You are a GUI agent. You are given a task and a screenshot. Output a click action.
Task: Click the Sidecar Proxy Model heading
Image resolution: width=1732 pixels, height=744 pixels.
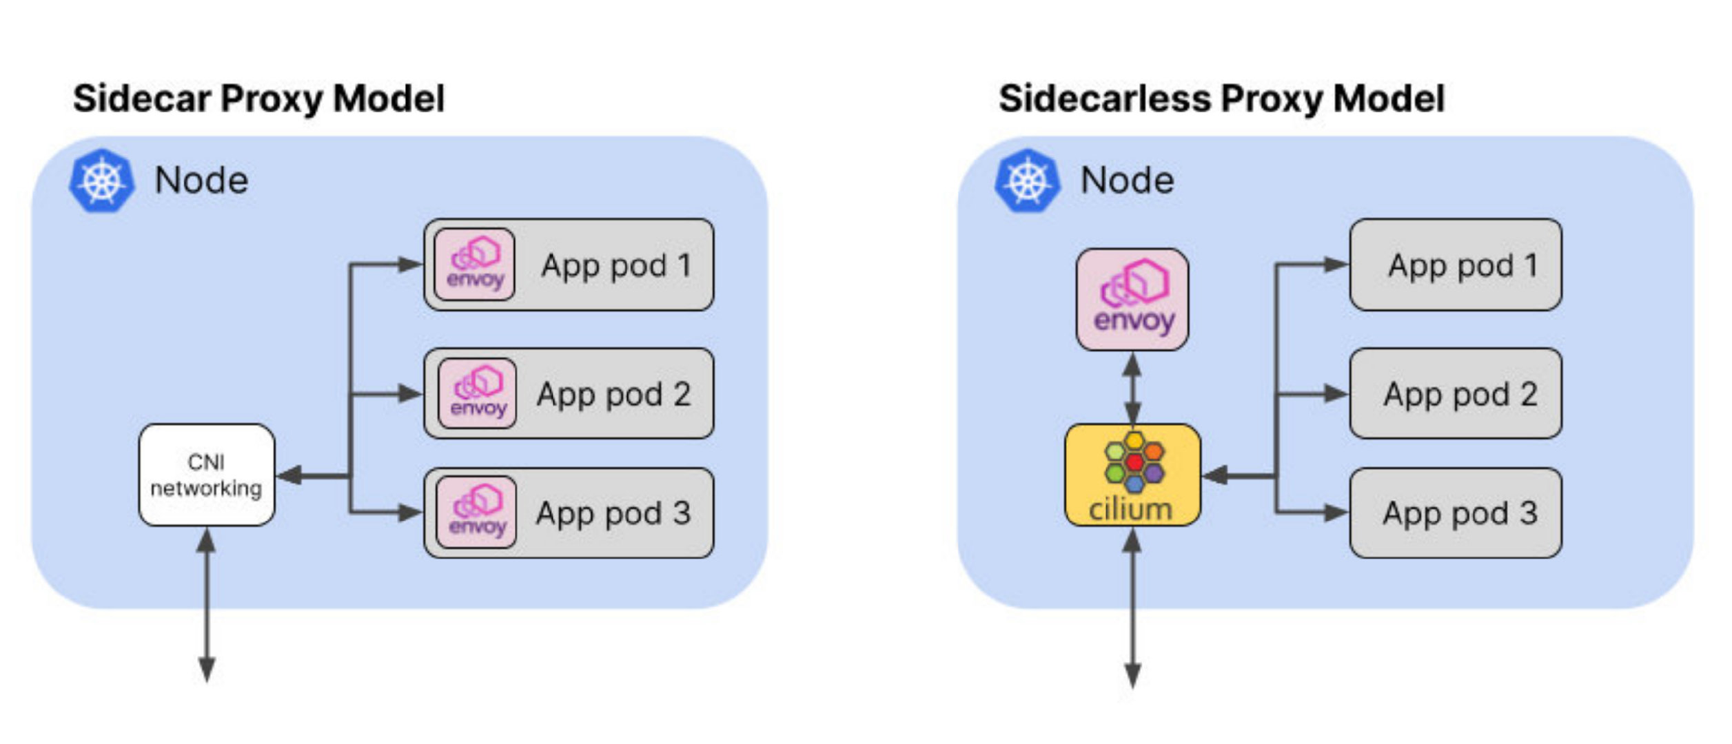[x=258, y=99]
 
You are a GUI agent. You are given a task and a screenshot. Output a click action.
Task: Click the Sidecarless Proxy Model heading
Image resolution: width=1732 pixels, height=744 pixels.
[x=1221, y=99]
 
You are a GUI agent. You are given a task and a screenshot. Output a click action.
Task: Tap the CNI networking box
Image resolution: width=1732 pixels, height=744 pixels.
[x=207, y=475]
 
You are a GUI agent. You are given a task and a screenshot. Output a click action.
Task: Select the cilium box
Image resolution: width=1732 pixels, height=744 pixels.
[x=1132, y=475]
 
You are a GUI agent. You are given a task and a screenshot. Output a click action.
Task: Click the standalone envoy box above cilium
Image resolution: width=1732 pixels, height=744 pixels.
[x=1132, y=300]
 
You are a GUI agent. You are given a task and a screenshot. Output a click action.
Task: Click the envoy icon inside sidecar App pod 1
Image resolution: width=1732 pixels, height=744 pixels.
[x=475, y=265]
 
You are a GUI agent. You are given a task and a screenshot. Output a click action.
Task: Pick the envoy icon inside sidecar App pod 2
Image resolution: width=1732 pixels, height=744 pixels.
[x=477, y=393]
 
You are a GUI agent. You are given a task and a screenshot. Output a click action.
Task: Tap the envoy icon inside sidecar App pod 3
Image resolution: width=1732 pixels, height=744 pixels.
[x=476, y=512]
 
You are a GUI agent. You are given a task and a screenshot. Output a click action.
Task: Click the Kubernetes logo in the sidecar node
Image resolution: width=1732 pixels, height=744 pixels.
[x=101, y=180]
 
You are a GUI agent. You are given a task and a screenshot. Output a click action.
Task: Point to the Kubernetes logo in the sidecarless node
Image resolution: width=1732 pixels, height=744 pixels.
[x=1027, y=180]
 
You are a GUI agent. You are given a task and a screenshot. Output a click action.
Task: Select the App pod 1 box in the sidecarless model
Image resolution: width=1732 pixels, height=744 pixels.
[x=1455, y=265]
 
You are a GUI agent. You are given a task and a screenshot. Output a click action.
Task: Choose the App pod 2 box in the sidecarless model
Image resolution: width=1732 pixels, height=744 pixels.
[x=1455, y=393]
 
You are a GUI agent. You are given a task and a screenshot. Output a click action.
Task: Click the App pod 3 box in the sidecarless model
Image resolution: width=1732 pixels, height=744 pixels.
[x=1455, y=513]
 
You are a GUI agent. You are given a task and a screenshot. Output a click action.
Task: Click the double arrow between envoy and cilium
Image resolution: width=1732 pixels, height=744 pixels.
[x=1132, y=387]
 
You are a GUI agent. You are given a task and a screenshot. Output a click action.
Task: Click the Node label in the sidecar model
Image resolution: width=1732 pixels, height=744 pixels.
[x=201, y=180]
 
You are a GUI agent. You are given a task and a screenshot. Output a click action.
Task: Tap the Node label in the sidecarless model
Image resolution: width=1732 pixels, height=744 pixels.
[x=1127, y=180]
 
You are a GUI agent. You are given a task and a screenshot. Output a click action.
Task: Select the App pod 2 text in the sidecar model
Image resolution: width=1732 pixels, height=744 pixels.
[x=613, y=395]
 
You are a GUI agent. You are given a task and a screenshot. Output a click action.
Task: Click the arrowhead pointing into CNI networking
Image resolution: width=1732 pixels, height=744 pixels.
[x=289, y=475]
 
